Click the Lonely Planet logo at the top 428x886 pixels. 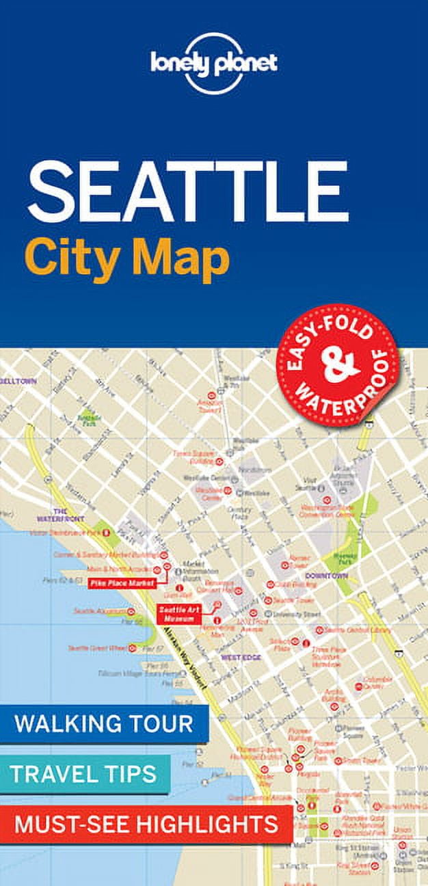[214, 63]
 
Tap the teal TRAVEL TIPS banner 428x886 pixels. [84, 774]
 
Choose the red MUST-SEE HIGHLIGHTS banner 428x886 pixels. [146, 824]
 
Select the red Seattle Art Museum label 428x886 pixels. [178, 613]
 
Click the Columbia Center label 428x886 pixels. [378, 683]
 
